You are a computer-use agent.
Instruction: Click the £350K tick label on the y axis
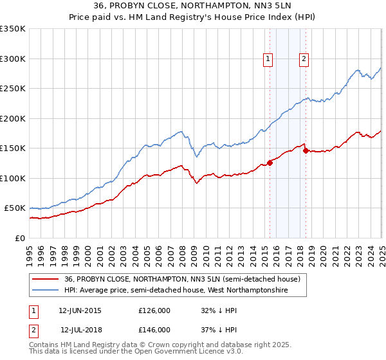click(13, 29)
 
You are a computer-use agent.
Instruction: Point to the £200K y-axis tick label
click(13, 118)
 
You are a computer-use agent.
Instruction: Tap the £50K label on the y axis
click(15, 208)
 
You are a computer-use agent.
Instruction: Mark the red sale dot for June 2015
click(270, 163)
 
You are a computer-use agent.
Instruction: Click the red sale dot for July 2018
click(306, 151)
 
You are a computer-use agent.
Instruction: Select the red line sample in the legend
click(45, 279)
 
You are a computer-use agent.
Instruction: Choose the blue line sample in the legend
click(45, 291)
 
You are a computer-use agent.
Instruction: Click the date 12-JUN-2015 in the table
click(80, 310)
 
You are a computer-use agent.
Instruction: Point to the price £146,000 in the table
click(154, 330)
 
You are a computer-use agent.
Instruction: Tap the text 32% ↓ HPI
click(221, 310)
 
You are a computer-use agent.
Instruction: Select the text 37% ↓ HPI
click(221, 330)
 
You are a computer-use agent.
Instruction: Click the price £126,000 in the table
click(154, 310)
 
